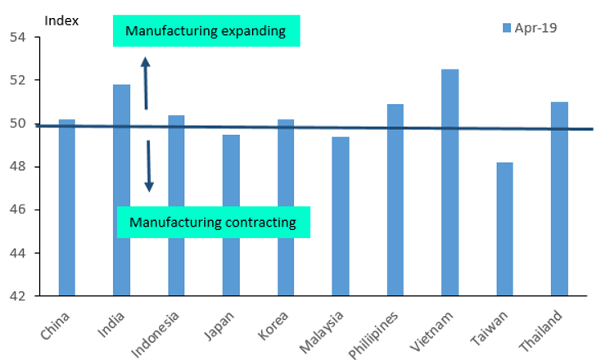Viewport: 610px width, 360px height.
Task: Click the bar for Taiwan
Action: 504,228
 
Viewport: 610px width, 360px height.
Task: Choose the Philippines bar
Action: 395,200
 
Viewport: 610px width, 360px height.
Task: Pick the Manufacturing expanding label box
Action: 206,32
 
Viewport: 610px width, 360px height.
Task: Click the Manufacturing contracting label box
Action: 213,222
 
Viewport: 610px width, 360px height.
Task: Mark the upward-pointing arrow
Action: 146,82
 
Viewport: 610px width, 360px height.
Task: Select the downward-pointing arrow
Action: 148,166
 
